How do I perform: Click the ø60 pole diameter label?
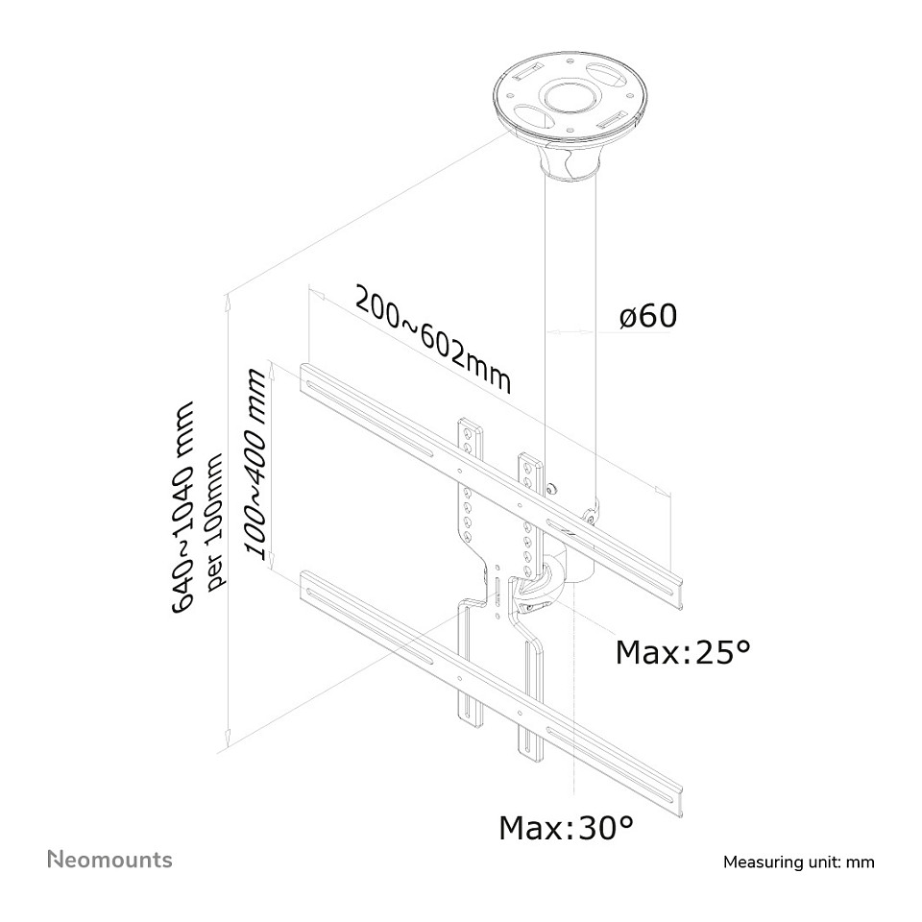click(x=648, y=316)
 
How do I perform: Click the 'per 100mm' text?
click(x=217, y=519)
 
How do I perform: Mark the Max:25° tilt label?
click(x=682, y=653)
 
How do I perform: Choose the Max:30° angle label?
click(x=566, y=828)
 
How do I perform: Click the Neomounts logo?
click(x=109, y=859)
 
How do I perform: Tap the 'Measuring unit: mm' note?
click(x=798, y=861)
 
